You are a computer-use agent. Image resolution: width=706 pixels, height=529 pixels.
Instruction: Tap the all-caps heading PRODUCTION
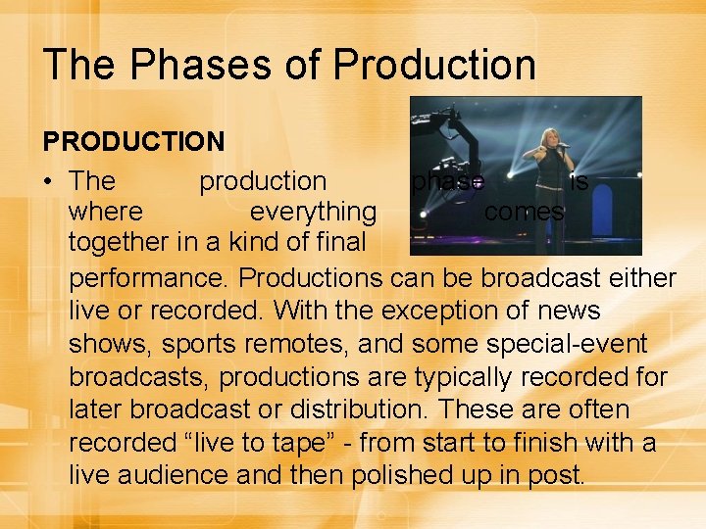coord(134,141)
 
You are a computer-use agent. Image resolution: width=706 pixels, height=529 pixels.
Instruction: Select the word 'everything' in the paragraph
coord(313,212)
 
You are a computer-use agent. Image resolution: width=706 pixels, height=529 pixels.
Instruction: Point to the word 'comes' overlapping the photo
coord(525,212)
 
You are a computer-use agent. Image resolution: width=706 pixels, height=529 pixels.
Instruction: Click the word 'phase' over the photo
coord(447,181)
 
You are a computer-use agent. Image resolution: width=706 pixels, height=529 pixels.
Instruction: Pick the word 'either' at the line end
coord(643,278)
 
